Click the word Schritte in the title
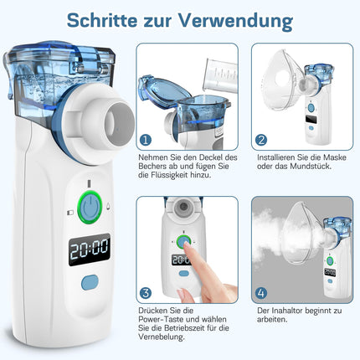(x=102, y=20)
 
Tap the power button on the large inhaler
(x=90, y=207)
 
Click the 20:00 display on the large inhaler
(x=90, y=249)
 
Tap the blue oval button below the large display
(x=90, y=282)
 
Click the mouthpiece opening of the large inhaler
(x=120, y=124)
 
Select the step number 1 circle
(x=146, y=140)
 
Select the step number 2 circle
(x=261, y=140)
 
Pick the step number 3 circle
(x=146, y=293)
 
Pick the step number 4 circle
(x=261, y=293)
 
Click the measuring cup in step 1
(x=221, y=76)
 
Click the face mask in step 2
(x=282, y=81)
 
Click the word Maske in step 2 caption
(x=334, y=157)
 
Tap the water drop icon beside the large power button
(x=108, y=206)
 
